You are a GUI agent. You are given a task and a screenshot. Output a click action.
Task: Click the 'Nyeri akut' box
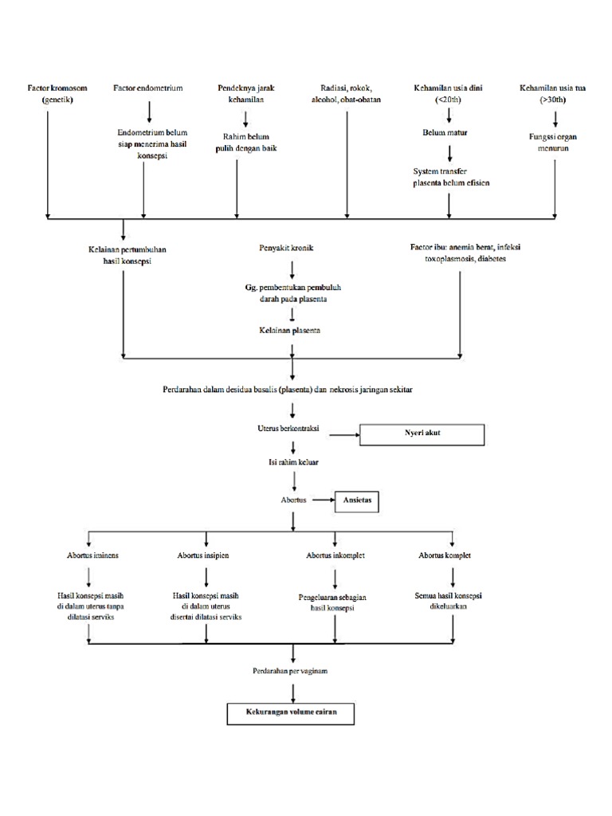(x=422, y=434)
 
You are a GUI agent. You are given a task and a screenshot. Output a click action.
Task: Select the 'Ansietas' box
(x=358, y=501)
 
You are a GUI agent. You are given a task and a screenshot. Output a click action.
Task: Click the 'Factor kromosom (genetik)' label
(x=47, y=94)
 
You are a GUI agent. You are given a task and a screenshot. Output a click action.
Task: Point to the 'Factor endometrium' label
(x=147, y=88)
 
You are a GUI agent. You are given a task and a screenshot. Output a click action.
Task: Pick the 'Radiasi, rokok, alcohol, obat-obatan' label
(x=346, y=94)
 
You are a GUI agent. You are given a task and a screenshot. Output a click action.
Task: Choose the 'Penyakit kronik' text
(x=286, y=248)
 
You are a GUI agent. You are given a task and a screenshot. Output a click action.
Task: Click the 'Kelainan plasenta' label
(x=289, y=330)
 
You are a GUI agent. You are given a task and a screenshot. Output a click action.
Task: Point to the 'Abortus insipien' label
(x=203, y=555)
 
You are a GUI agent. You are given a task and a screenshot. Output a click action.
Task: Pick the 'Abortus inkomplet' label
(x=335, y=555)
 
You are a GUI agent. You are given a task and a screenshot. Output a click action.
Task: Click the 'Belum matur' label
(x=445, y=132)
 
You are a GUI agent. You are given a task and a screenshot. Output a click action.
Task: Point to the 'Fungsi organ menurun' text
(x=552, y=142)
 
